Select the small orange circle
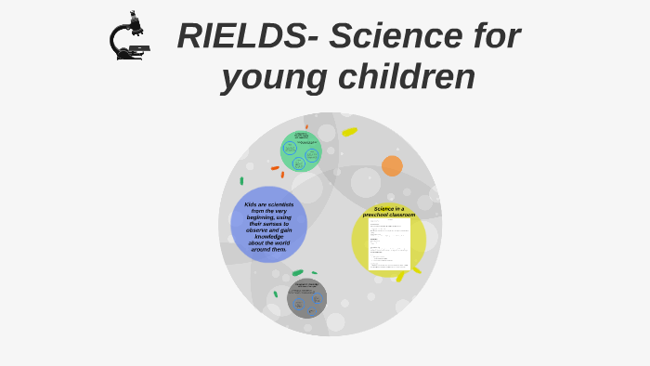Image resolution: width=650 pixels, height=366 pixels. click(x=392, y=166)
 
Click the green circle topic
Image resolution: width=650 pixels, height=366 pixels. click(x=300, y=151)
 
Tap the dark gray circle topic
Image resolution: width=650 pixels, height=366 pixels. click(x=306, y=298)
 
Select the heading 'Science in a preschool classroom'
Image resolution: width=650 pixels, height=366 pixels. click(x=389, y=212)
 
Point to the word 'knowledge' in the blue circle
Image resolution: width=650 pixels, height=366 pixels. click(x=269, y=236)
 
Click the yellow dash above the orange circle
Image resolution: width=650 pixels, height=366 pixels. click(x=349, y=132)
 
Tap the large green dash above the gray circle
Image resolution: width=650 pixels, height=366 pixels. click(x=297, y=273)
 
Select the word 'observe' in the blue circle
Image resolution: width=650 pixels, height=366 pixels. click(x=257, y=229)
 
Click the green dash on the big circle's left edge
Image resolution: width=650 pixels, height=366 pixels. click(x=241, y=181)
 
